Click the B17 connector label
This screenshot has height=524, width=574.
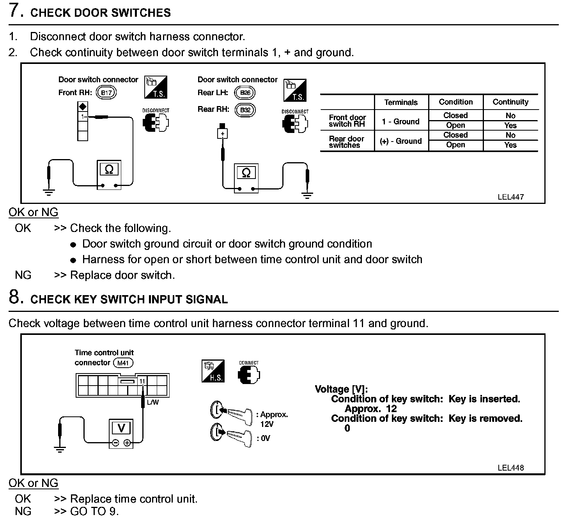coord(106,93)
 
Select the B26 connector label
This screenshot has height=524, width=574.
coord(245,93)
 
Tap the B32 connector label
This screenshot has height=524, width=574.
coord(245,110)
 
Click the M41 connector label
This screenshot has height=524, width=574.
coord(123,363)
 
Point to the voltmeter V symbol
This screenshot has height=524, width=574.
coord(121,428)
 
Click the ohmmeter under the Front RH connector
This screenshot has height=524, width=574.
coord(109,175)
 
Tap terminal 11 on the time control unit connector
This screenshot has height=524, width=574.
coord(142,381)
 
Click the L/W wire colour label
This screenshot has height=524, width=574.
coord(153,402)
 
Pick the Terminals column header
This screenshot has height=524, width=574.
coord(401,103)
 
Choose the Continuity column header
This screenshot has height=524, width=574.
coord(510,102)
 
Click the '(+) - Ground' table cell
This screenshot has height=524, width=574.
coord(401,141)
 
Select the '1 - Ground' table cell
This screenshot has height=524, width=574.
coord(401,122)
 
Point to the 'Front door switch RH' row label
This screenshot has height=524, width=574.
coord(347,121)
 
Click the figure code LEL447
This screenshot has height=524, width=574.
coord(510,197)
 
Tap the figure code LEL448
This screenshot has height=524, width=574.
coord(510,468)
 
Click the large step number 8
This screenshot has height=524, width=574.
coord(15,297)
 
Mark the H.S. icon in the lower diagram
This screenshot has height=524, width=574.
coord(213,371)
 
